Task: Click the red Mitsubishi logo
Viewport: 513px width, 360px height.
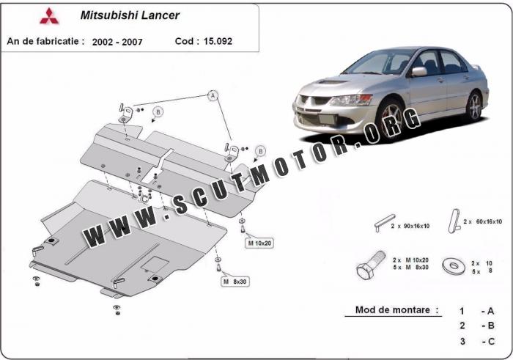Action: coord(49,16)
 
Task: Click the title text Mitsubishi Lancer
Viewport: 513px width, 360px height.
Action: coord(130,15)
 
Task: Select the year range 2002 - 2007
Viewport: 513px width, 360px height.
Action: coord(117,42)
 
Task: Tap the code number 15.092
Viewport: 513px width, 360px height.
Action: coord(218,41)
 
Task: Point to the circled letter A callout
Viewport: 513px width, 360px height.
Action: coord(213,95)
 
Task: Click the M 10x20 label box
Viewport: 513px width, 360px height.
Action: coord(259,243)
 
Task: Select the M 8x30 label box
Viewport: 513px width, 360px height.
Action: coord(235,282)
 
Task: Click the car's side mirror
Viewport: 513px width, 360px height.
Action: coord(419,71)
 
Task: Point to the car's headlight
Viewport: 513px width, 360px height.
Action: coord(351,100)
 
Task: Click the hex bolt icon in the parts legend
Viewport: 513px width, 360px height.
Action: coord(371,265)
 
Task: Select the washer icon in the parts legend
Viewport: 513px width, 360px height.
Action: coord(454,265)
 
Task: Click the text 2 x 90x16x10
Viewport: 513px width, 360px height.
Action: coord(410,226)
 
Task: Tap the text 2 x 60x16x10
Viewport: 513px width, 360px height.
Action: coord(482,221)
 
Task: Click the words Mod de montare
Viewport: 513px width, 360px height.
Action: coord(393,309)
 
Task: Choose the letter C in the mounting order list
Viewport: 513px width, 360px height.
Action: coord(491,342)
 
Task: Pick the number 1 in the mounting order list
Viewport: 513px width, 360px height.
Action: coord(462,311)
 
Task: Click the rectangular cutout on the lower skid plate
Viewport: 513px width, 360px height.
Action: coord(155,263)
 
